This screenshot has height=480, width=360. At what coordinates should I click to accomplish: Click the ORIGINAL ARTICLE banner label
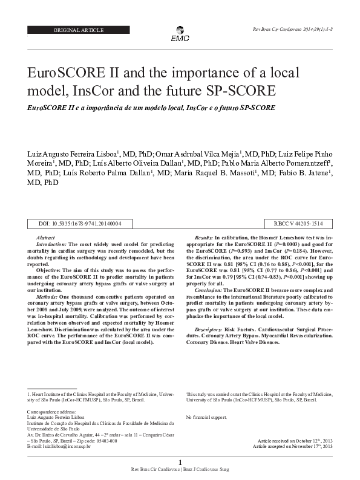click(79, 30)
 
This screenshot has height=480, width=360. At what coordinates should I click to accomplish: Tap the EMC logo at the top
click(180, 34)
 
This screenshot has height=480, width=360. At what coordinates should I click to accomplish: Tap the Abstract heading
click(46, 239)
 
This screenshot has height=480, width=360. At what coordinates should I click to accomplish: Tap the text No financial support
click(206, 417)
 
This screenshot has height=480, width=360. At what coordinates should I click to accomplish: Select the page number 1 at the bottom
click(180, 462)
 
